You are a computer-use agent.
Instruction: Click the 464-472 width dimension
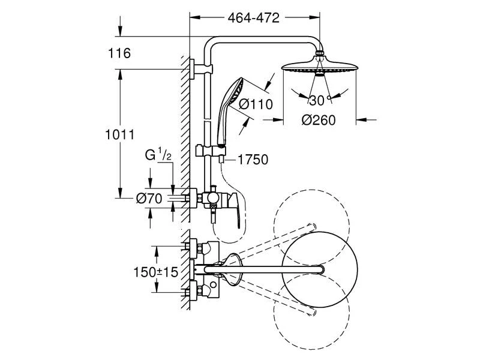(253, 18)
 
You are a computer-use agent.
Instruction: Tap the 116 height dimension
(119, 53)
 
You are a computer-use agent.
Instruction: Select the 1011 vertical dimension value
(119, 134)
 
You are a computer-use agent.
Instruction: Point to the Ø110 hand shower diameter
(256, 104)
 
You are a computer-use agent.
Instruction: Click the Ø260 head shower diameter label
(319, 120)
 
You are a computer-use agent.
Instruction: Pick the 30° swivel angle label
(320, 100)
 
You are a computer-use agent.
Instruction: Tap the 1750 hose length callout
(253, 160)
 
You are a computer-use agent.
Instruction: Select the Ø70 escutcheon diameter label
(149, 199)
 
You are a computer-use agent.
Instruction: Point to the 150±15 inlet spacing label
(156, 272)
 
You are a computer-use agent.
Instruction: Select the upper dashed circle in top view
(311, 228)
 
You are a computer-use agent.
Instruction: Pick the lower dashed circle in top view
(311, 311)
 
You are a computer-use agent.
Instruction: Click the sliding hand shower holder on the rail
(211, 151)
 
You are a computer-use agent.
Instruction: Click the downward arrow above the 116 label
(120, 26)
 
